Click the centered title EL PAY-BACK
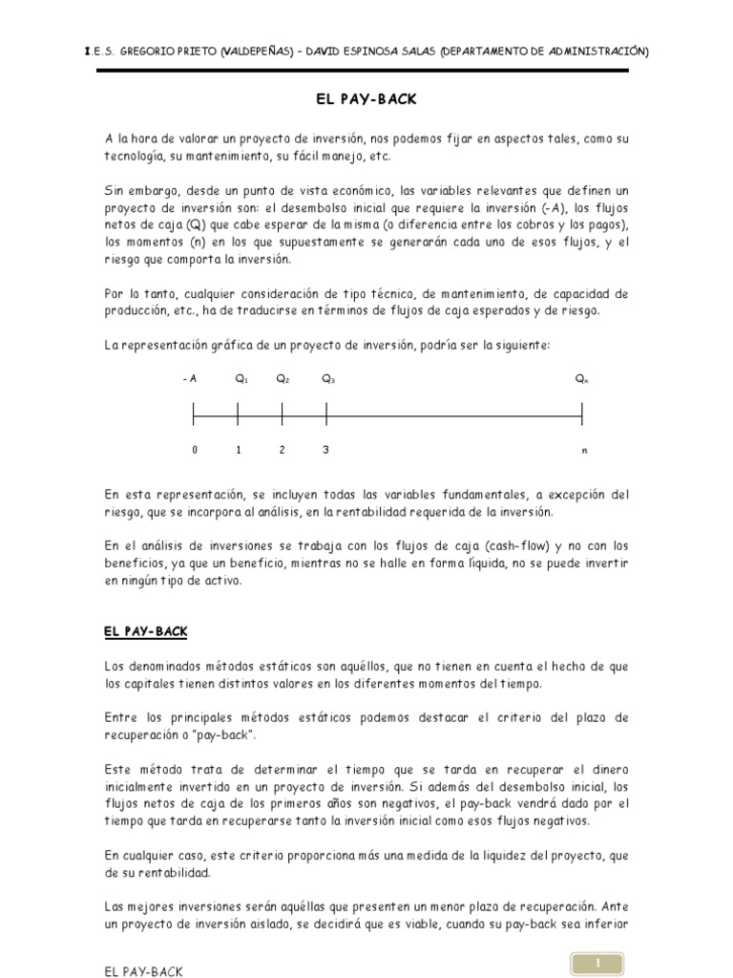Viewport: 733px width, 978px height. (366, 98)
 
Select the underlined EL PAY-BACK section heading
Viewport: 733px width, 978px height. (145, 631)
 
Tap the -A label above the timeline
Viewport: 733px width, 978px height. (189, 379)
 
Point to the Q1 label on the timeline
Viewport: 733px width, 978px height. (241, 379)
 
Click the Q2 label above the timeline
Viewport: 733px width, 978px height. (283, 379)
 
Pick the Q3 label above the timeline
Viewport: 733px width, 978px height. (327, 379)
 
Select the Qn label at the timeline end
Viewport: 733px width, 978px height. (581, 379)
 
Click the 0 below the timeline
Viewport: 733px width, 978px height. (194, 450)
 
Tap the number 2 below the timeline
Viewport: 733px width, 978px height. (282, 450)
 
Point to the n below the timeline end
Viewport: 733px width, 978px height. (584, 450)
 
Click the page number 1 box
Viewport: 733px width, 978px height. (598, 965)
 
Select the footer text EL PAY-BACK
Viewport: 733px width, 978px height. (144, 971)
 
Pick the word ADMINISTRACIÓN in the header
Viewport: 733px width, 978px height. (589, 51)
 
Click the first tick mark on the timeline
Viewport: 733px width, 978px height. (194, 414)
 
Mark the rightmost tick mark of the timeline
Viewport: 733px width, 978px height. (582, 414)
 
